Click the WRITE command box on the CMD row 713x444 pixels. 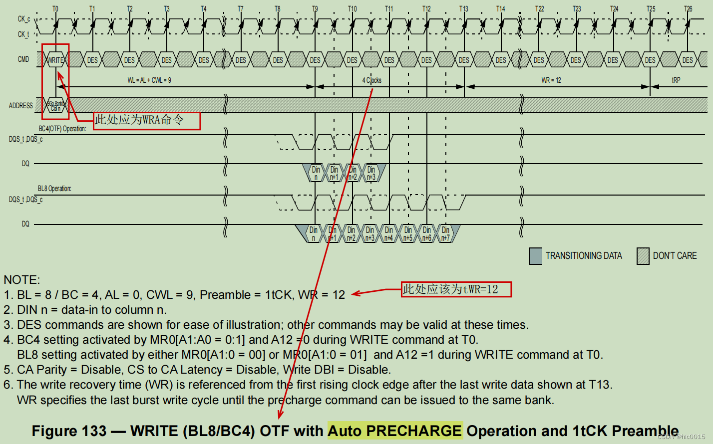[x=55, y=60]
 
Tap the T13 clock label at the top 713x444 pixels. [x=464, y=9]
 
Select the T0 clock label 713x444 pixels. [x=55, y=9]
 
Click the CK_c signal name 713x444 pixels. [x=24, y=19]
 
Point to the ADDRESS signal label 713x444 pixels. [x=21, y=106]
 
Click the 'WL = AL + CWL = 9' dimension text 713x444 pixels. [x=149, y=80]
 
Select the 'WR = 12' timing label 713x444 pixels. [x=551, y=80]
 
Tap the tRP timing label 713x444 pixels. [x=676, y=80]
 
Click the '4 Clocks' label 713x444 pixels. [x=372, y=80]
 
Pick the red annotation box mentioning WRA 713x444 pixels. [x=147, y=120]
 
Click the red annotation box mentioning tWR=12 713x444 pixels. [x=456, y=289]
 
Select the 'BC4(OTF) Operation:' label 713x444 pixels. [x=62, y=129]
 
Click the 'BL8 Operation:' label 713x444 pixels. [x=54, y=189]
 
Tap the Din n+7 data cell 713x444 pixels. [x=445, y=234]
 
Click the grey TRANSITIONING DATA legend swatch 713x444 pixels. [x=535, y=256]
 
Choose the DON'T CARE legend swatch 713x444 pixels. [x=643, y=256]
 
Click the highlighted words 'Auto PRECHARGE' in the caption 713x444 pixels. [x=395, y=431]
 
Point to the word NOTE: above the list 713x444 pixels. [x=22, y=280]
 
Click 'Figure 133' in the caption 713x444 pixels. [x=69, y=431]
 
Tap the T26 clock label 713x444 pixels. [x=688, y=9]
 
